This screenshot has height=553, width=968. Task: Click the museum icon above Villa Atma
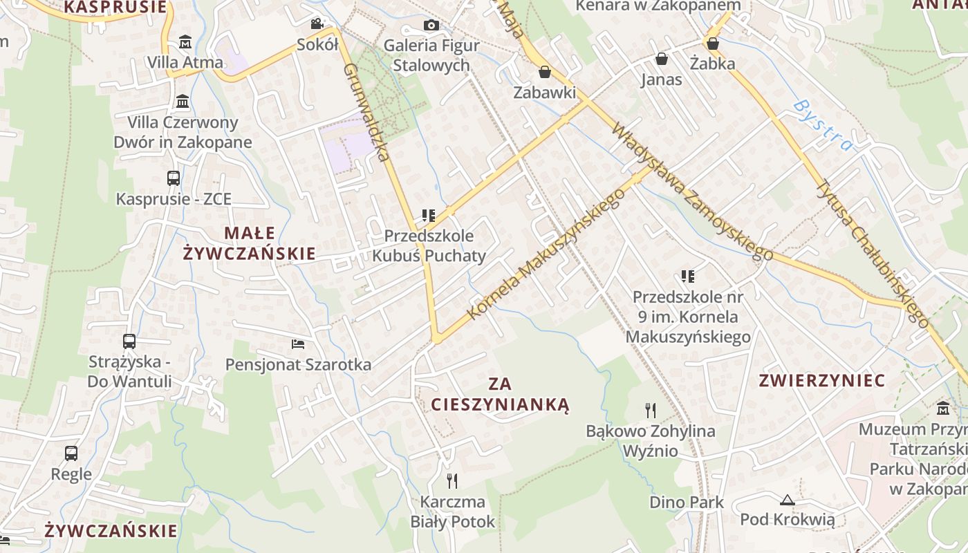click(x=185, y=42)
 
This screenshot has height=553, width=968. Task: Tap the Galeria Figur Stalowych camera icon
click(x=431, y=26)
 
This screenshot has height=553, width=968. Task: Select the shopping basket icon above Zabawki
click(x=545, y=72)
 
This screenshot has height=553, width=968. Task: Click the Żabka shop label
click(x=712, y=64)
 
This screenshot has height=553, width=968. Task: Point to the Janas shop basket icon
click(x=661, y=59)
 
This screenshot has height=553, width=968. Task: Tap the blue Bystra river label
click(x=823, y=126)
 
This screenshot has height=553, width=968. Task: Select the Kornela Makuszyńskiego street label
click(x=546, y=254)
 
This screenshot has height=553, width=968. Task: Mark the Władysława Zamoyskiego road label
click(x=692, y=192)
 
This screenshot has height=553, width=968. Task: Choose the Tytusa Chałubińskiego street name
click(x=873, y=252)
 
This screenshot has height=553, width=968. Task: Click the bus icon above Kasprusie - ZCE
click(x=174, y=178)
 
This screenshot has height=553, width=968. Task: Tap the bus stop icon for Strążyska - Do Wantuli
click(x=129, y=341)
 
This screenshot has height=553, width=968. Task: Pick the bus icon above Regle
click(x=71, y=453)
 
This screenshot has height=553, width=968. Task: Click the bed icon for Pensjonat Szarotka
click(x=298, y=344)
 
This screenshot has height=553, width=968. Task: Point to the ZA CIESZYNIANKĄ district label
click(x=500, y=394)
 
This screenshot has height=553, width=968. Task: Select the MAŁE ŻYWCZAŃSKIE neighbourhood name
click(x=250, y=243)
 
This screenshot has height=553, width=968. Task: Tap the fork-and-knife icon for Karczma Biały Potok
click(x=452, y=480)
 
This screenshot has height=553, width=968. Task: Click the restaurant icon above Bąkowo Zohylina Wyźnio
click(x=651, y=411)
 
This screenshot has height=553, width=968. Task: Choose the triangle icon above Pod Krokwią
click(x=787, y=500)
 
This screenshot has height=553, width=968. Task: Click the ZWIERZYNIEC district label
click(x=822, y=380)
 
